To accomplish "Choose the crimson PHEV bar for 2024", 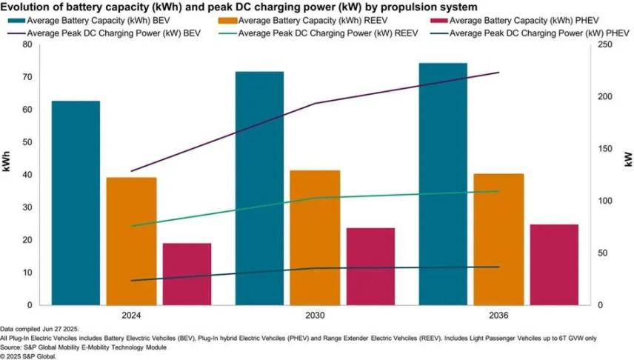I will pyautogui.click(x=187, y=273).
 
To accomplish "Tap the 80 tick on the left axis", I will pyautogui.click(x=27, y=44).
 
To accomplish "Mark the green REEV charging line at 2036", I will pyautogui.click(x=498, y=191).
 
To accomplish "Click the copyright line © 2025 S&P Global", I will pyautogui.click(x=28, y=355).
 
